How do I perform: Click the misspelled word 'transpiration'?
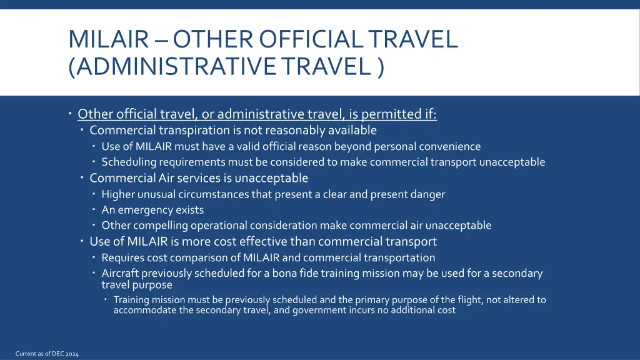(x=194, y=131)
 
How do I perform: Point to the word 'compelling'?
(x=161, y=226)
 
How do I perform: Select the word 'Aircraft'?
(x=120, y=273)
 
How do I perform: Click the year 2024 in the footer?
(x=71, y=354)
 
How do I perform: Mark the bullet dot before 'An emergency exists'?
(x=93, y=210)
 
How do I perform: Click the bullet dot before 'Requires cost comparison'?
(x=93, y=257)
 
